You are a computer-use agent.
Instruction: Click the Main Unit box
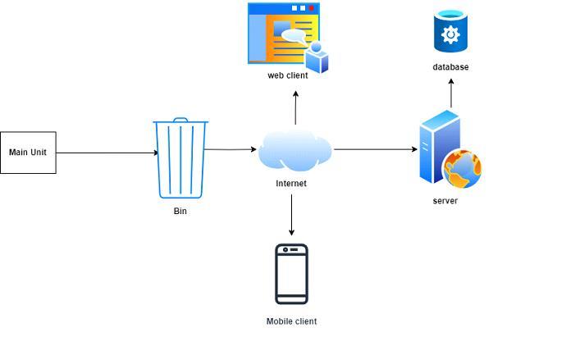(x=28, y=153)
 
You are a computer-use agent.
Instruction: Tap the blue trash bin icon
(x=180, y=158)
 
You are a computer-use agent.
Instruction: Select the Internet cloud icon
(x=294, y=150)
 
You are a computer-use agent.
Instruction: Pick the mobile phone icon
(x=291, y=274)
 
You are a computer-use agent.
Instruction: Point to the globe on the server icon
(x=463, y=169)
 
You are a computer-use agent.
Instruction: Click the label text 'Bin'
(x=180, y=211)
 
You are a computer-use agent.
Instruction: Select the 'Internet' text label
(x=291, y=184)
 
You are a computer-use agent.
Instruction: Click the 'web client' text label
(x=288, y=75)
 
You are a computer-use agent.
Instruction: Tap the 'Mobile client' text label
(x=291, y=321)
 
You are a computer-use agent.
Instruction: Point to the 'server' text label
(x=445, y=201)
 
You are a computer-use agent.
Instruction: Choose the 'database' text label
(x=450, y=67)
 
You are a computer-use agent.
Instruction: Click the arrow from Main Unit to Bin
(x=107, y=153)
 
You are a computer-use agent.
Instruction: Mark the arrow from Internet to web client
(x=295, y=107)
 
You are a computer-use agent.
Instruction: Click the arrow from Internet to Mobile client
(x=291, y=215)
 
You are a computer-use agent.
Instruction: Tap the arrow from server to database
(x=450, y=93)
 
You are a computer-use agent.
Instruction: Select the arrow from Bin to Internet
(x=231, y=149)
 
